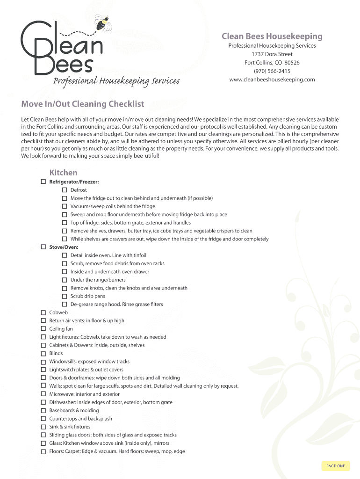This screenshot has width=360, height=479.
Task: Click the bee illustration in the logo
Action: pyautogui.click(x=102, y=22)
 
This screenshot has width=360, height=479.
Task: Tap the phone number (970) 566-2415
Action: pyautogui.click(x=272, y=71)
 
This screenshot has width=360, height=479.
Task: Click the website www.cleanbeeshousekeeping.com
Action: pyautogui.click(x=272, y=80)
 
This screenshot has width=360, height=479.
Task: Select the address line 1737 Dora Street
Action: pyautogui.click(x=272, y=54)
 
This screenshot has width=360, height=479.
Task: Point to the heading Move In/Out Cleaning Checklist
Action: pyautogui.click(x=82, y=104)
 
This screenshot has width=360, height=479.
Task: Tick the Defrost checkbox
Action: pyautogui.click(x=65, y=190)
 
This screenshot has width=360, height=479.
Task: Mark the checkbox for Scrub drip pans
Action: pyautogui.click(x=65, y=296)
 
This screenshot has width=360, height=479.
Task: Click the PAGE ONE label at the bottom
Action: pyautogui.click(x=336, y=466)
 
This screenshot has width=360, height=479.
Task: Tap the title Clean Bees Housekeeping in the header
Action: pyautogui.click(x=272, y=36)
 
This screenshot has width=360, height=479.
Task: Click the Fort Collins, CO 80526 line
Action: pyautogui.click(x=272, y=63)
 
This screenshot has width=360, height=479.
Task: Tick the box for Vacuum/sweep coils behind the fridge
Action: pyautogui.click(x=65, y=206)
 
